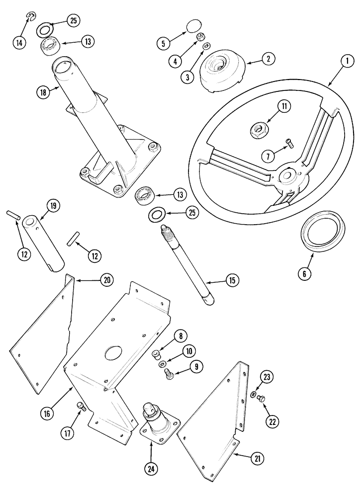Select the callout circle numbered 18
pyautogui.click(x=43, y=92)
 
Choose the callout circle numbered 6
pyautogui.click(x=304, y=273)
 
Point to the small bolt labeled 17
pyautogui.click(x=81, y=407)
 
